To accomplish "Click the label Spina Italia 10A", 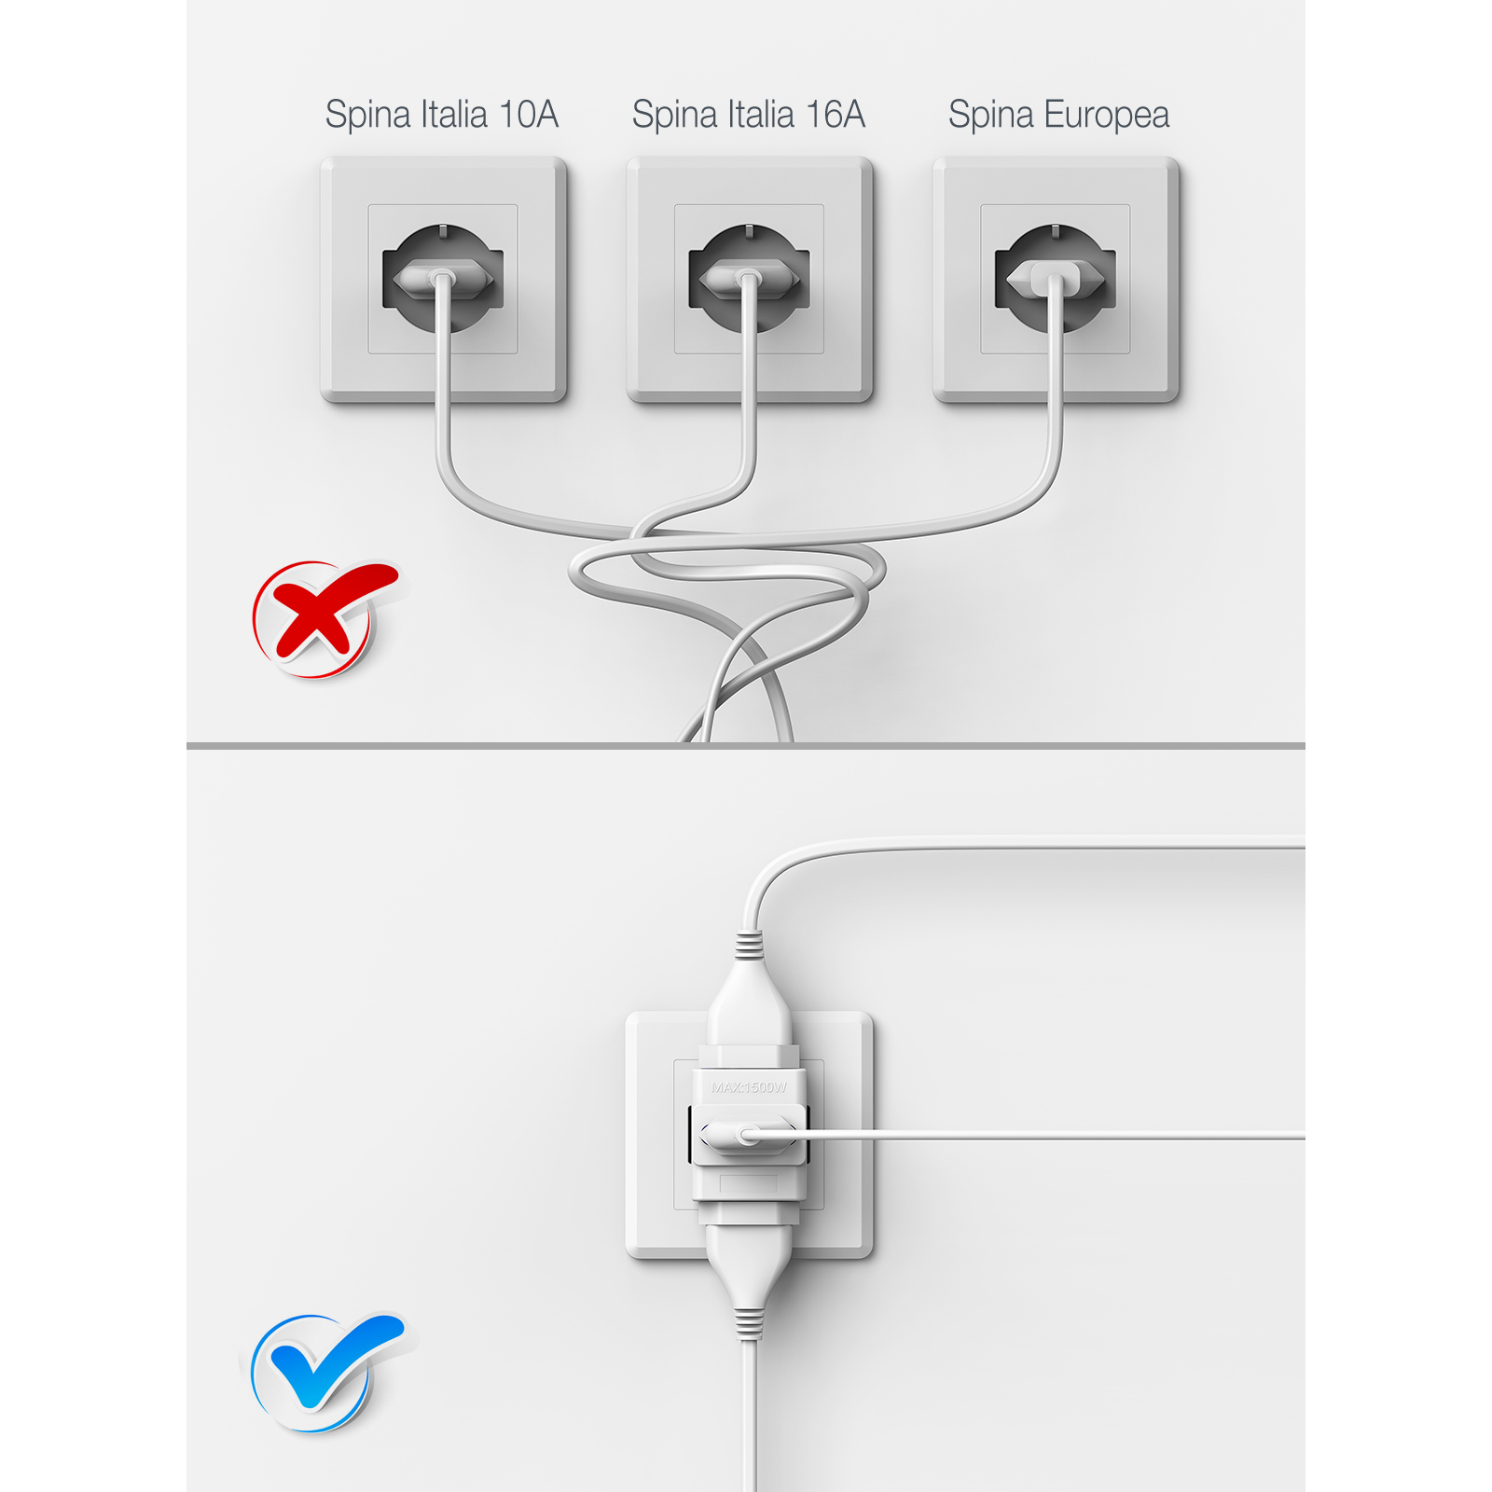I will point(441,115).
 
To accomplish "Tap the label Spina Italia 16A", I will point(748,115).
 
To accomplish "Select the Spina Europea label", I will point(1058,115).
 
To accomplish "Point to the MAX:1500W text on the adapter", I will point(749,1087).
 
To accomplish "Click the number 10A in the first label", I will point(529,115).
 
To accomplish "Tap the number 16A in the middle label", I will point(836,115).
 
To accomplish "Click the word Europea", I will point(1106,115).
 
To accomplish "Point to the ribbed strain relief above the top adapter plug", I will point(748,946).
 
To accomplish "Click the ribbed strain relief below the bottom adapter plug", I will point(748,1323).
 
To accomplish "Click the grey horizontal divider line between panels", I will point(746,746).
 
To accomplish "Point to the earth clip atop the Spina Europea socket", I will point(1055,229).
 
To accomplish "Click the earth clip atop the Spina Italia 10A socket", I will point(443,229).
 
